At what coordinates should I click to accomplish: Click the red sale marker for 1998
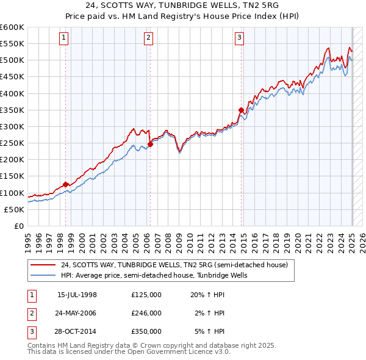click(65, 184)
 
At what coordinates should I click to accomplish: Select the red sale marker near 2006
click(150, 144)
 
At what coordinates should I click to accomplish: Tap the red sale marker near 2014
click(241, 110)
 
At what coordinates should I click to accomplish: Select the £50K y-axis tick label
click(15, 209)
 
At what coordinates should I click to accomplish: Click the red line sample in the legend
click(42, 265)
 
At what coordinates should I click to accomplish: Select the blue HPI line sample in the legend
click(42, 275)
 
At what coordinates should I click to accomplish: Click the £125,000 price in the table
click(146, 295)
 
